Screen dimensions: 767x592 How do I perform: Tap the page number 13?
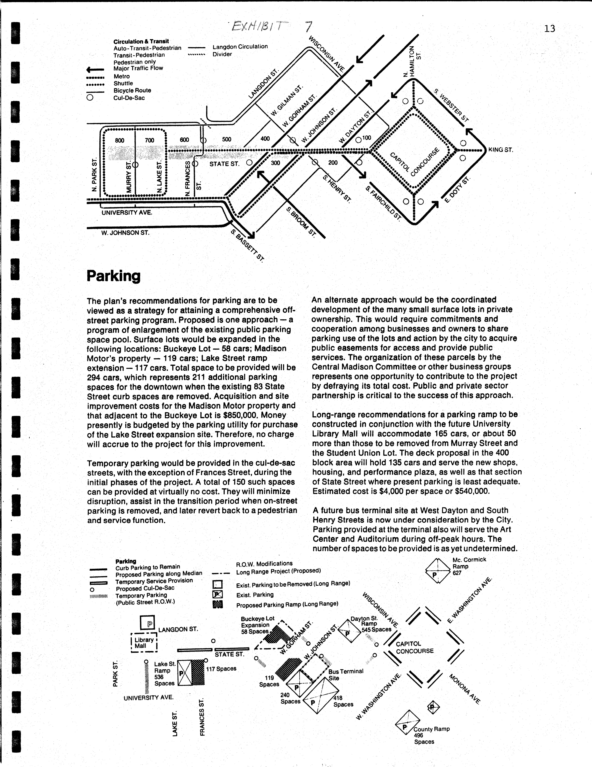pos(550,28)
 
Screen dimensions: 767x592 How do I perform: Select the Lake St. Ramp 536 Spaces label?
pos(164,674)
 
